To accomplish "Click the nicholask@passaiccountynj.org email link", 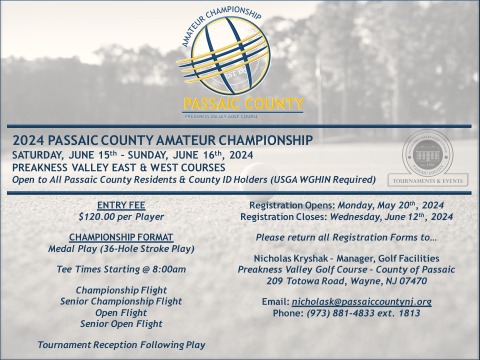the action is pos(361,302).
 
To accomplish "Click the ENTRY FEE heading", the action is pos(121,205).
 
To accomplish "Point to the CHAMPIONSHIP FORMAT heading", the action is pos(121,237).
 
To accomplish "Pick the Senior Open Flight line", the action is pos(121,324).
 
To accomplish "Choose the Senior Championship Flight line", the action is pos(121,301).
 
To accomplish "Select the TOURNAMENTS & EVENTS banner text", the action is pos(427,181).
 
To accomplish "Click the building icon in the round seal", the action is pos(427,152).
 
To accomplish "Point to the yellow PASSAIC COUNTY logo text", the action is pos(244,104).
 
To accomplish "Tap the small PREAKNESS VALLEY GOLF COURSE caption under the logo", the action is pos(221,116).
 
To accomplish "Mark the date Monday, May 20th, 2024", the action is pos(391,205).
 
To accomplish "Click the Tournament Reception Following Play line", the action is pos(121,345).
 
